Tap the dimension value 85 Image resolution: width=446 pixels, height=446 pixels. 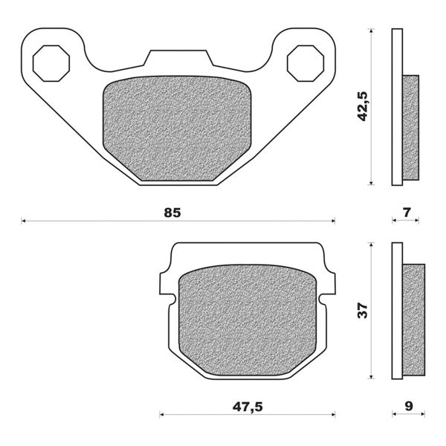[172, 213]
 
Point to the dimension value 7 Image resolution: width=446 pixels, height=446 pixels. [406, 213]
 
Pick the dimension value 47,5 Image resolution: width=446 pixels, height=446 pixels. [247, 406]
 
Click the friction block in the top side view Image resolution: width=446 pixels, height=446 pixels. [410, 127]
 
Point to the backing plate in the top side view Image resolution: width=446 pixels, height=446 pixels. [396, 107]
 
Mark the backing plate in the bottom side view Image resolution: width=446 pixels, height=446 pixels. [396, 310]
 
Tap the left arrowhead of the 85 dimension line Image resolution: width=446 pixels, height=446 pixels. [25, 221]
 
